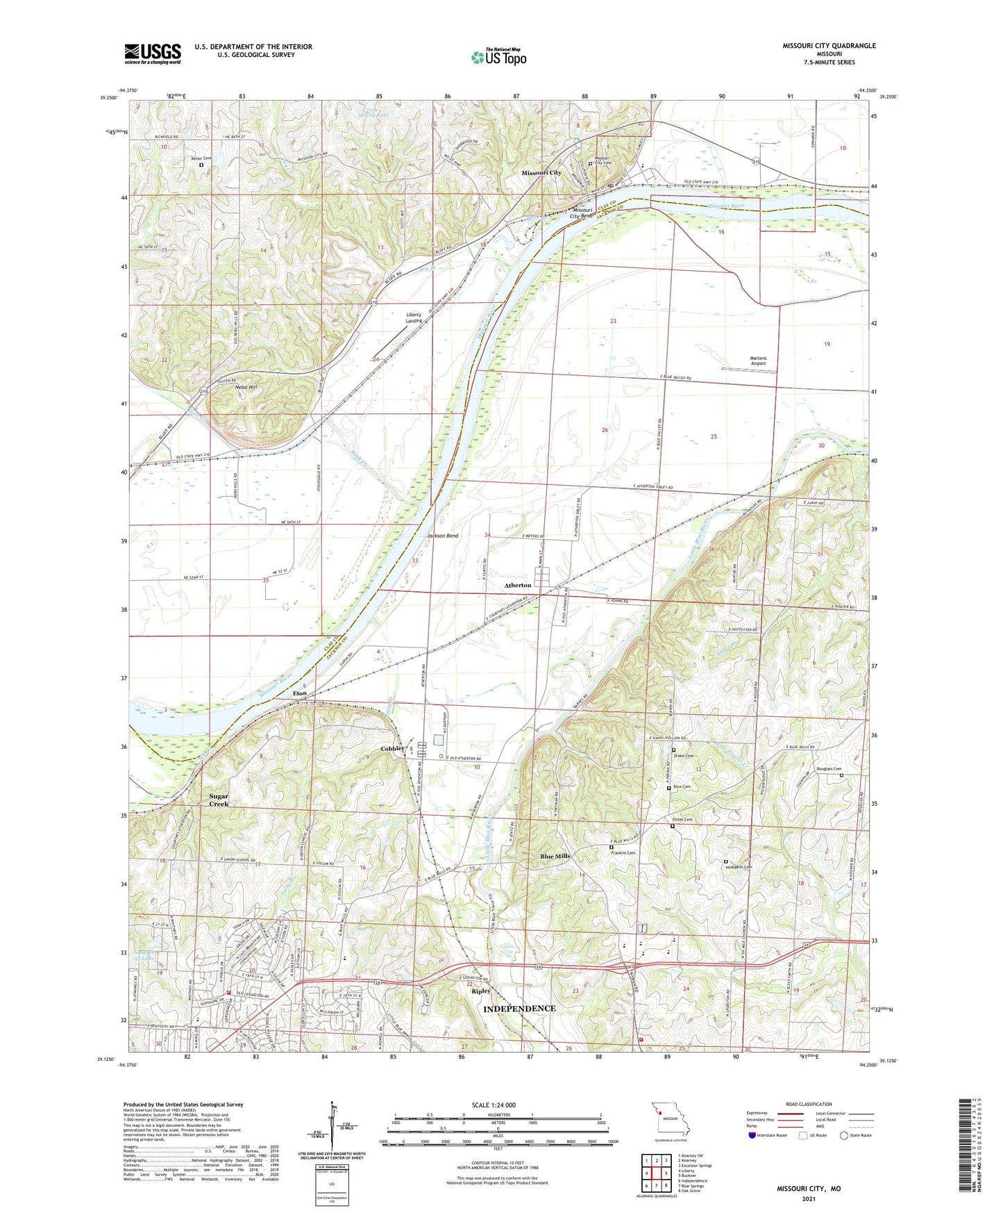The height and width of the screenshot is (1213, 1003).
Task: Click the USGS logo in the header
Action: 153,53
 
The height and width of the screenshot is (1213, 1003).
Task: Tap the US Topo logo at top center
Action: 498,57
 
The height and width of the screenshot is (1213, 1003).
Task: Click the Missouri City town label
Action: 541,172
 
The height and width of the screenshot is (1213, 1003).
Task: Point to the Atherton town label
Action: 518,585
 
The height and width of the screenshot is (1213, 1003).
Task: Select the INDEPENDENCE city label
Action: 519,1008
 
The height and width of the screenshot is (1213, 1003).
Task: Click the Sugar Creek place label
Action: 219,800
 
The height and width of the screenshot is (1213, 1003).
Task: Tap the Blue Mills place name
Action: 555,856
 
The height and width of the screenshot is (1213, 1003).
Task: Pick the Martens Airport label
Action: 758,361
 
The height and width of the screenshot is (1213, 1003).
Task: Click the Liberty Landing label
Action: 414,317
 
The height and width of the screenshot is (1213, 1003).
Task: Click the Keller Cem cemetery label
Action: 201,158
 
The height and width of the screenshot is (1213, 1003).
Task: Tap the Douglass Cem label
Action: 829,769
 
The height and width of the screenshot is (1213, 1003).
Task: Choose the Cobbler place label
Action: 392,748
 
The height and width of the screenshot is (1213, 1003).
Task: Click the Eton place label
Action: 299,693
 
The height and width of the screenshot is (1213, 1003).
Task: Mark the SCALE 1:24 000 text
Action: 494,1105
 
